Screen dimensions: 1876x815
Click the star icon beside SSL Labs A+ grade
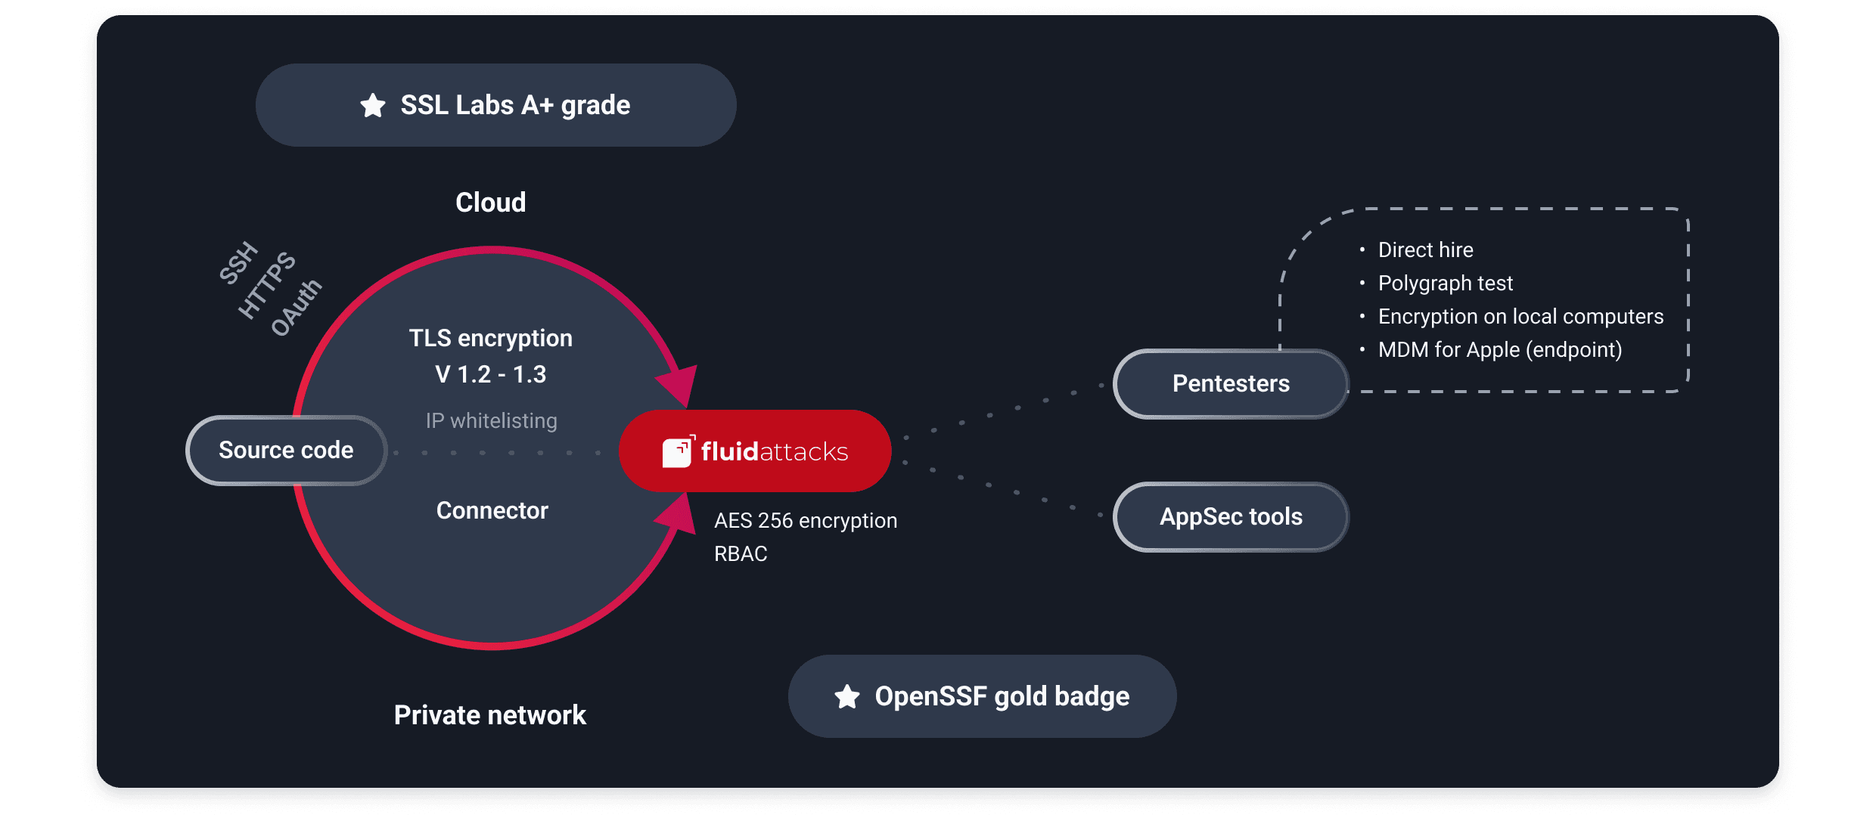coord(372,105)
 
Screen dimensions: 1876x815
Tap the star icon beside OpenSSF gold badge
coord(847,696)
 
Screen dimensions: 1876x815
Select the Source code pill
coord(286,451)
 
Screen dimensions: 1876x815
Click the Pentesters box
coord(1231,384)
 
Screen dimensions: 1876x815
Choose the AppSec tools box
coord(1231,517)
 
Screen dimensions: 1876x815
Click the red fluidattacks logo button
coord(755,451)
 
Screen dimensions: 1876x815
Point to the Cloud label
coord(490,203)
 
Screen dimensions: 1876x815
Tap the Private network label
coord(490,715)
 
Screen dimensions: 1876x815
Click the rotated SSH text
coord(238,263)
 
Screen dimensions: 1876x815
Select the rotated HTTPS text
coord(267,285)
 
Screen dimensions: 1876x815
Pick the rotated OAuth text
coord(297,307)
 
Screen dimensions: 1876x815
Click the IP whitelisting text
coord(492,420)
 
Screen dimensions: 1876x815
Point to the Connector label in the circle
coord(492,510)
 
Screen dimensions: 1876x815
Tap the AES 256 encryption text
coord(806,521)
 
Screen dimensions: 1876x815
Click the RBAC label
coord(741,554)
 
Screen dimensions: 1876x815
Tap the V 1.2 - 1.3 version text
coord(490,374)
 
